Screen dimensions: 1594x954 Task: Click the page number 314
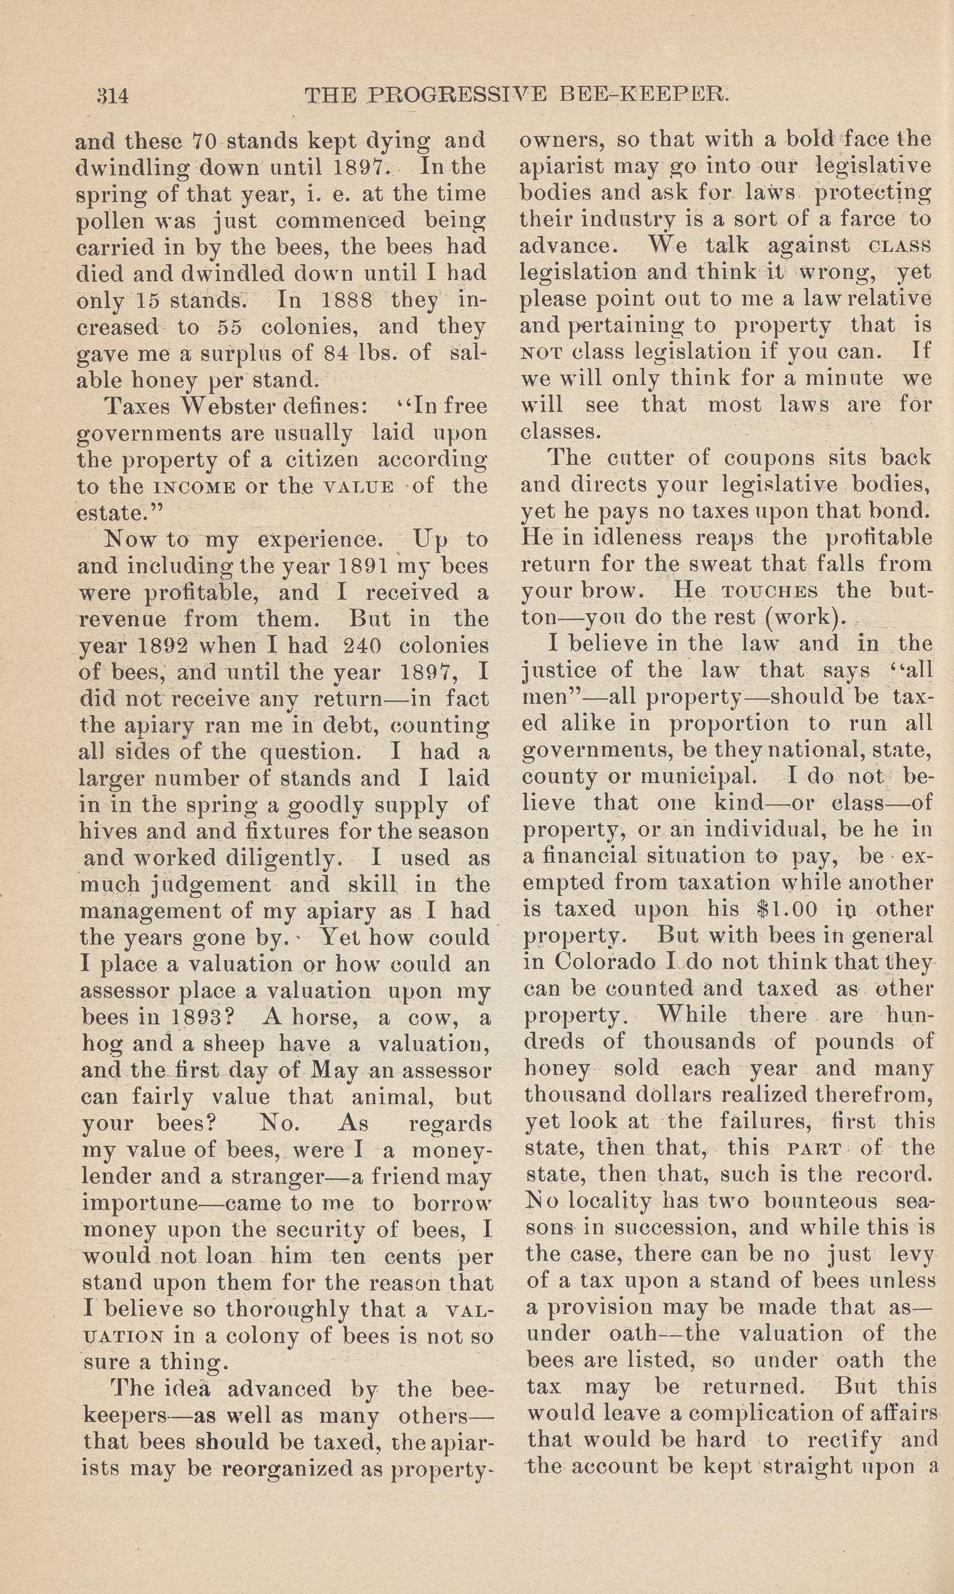click(x=113, y=96)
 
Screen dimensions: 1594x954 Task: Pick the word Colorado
click(x=605, y=962)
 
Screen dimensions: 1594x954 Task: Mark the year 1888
click(x=346, y=301)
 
